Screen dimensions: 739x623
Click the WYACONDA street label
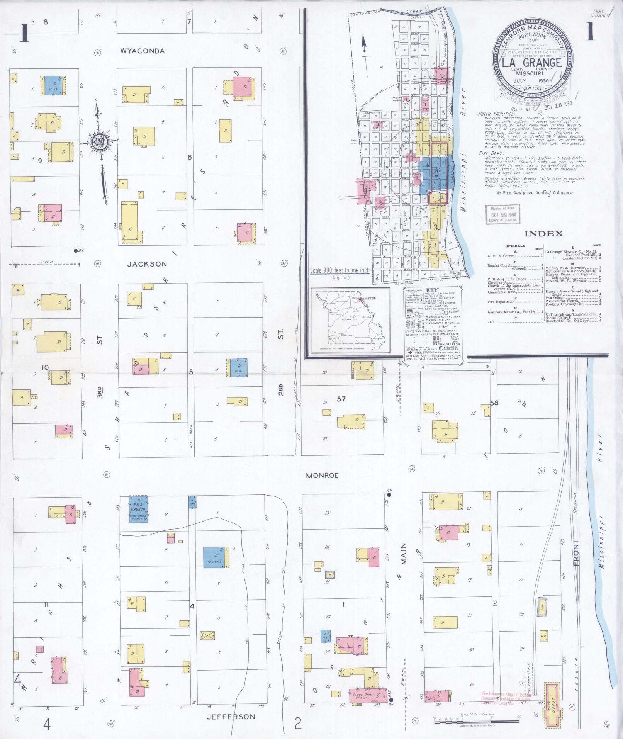(x=142, y=51)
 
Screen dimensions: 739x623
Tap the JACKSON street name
(x=148, y=264)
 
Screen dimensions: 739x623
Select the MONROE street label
(x=322, y=476)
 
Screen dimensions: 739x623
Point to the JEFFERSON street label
(x=231, y=717)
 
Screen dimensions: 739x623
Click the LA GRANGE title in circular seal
(x=532, y=63)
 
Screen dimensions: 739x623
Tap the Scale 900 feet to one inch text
(x=340, y=271)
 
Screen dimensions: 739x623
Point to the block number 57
(x=341, y=399)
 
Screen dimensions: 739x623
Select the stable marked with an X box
(x=207, y=636)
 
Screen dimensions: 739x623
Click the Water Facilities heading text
(x=496, y=114)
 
